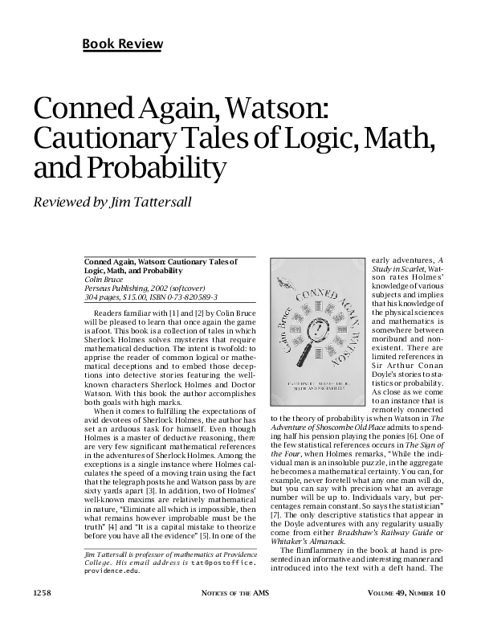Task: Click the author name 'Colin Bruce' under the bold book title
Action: (102, 280)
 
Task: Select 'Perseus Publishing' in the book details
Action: (116, 288)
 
